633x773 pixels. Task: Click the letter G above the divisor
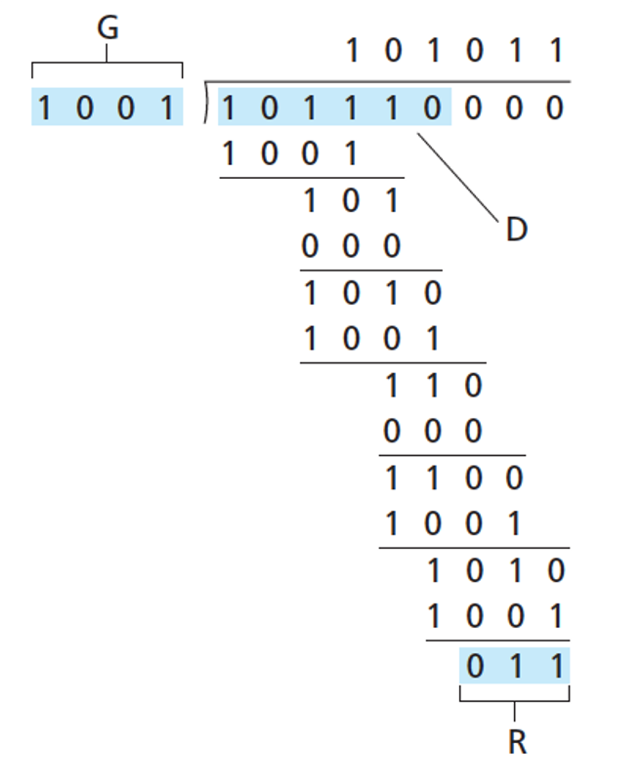(108, 28)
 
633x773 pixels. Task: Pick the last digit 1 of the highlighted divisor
(167, 108)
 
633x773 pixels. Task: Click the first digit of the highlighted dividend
(228, 108)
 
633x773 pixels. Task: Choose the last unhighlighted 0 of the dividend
(555, 108)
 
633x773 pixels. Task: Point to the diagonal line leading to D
(458, 177)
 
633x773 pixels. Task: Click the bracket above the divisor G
(107, 63)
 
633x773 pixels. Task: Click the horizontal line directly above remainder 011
(498, 640)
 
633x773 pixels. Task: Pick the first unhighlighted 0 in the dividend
(473, 108)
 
